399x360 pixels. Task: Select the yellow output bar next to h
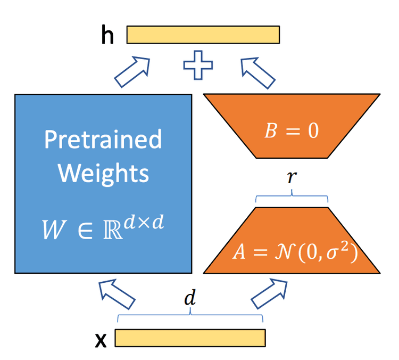[203, 35]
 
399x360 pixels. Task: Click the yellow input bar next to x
[190, 338]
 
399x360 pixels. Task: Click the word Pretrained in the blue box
[103, 140]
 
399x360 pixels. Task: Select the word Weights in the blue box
[103, 173]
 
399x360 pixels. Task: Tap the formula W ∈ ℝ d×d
[103, 227]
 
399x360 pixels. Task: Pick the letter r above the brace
[292, 178]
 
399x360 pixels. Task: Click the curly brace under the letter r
[292, 198]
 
